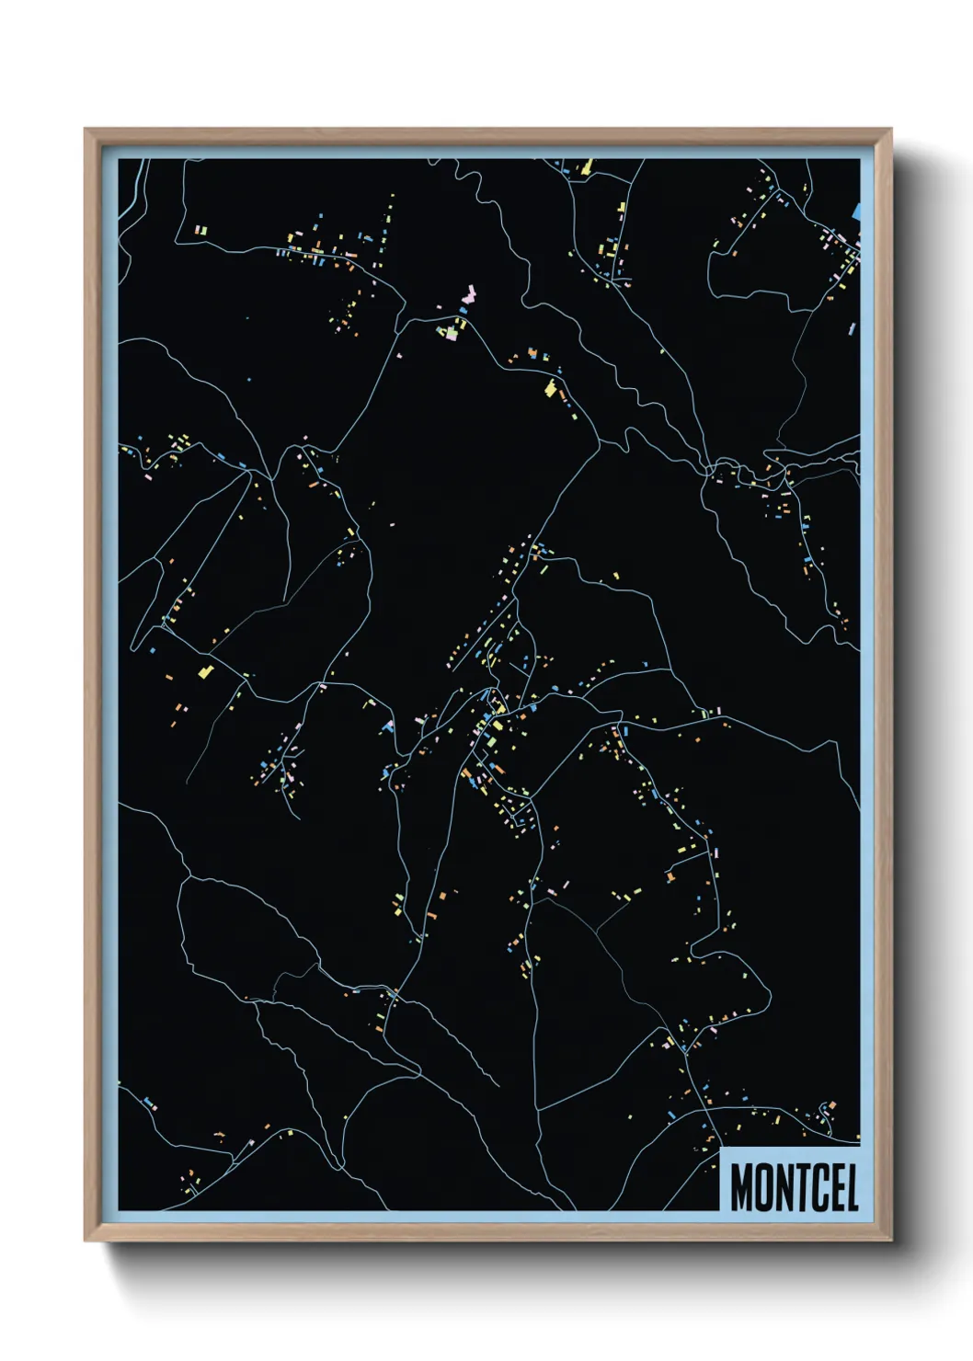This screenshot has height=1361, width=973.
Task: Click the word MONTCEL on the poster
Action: tap(795, 1187)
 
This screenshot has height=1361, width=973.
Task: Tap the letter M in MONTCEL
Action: tap(742, 1187)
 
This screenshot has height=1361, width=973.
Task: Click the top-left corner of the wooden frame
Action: tap(86, 130)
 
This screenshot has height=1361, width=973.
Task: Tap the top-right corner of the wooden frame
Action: tap(890, 130)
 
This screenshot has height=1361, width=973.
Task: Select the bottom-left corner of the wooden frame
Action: tap(86, 1240)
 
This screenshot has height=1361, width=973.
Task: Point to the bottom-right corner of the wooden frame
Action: tap(890, 1240)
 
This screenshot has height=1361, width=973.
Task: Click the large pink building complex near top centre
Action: tap(468, 297)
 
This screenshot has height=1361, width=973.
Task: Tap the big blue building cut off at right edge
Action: tap(856, 211)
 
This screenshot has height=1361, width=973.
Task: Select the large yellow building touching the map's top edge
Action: tap(586, 166)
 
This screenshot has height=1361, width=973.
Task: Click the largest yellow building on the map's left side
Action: tap(206, 671)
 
